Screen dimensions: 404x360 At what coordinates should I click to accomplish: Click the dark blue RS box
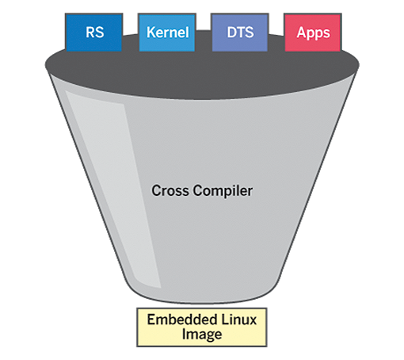click(x=93, y=33)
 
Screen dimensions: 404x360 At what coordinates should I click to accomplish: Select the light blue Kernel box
click(x=167, y=33)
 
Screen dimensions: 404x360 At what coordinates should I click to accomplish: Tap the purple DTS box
click(x=240, y=33)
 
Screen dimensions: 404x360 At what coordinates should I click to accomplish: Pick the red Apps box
click(x=313, y=33)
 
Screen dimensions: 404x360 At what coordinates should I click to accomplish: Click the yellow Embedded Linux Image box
click(x=202, y=327)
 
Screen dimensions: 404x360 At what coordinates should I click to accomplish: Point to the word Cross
click(x=170, y=190)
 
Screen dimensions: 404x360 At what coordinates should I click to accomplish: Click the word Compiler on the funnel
click(x=223, y=191)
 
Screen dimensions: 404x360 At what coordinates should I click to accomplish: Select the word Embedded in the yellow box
click(x=182, y=320)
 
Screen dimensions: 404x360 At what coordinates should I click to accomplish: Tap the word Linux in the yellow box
click(x=239, y=320)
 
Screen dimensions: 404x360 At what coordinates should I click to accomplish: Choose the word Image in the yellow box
click(x=202, y=335)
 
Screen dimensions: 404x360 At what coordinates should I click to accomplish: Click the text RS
click(x=94, y=33)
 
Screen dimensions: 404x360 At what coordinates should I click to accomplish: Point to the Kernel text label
click(x=168, y=33)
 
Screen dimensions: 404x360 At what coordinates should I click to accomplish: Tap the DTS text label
click(x=240, y=33)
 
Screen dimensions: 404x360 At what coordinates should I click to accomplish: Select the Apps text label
click(x=313, y=33)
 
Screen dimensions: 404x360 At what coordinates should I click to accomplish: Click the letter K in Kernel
click(x=151, y=33)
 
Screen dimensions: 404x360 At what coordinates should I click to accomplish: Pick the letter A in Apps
click(x=301, y=33)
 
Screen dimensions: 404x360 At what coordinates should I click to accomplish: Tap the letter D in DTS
click(x=232, y=33)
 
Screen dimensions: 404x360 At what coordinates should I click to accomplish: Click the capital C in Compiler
click(x=197, y=190)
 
